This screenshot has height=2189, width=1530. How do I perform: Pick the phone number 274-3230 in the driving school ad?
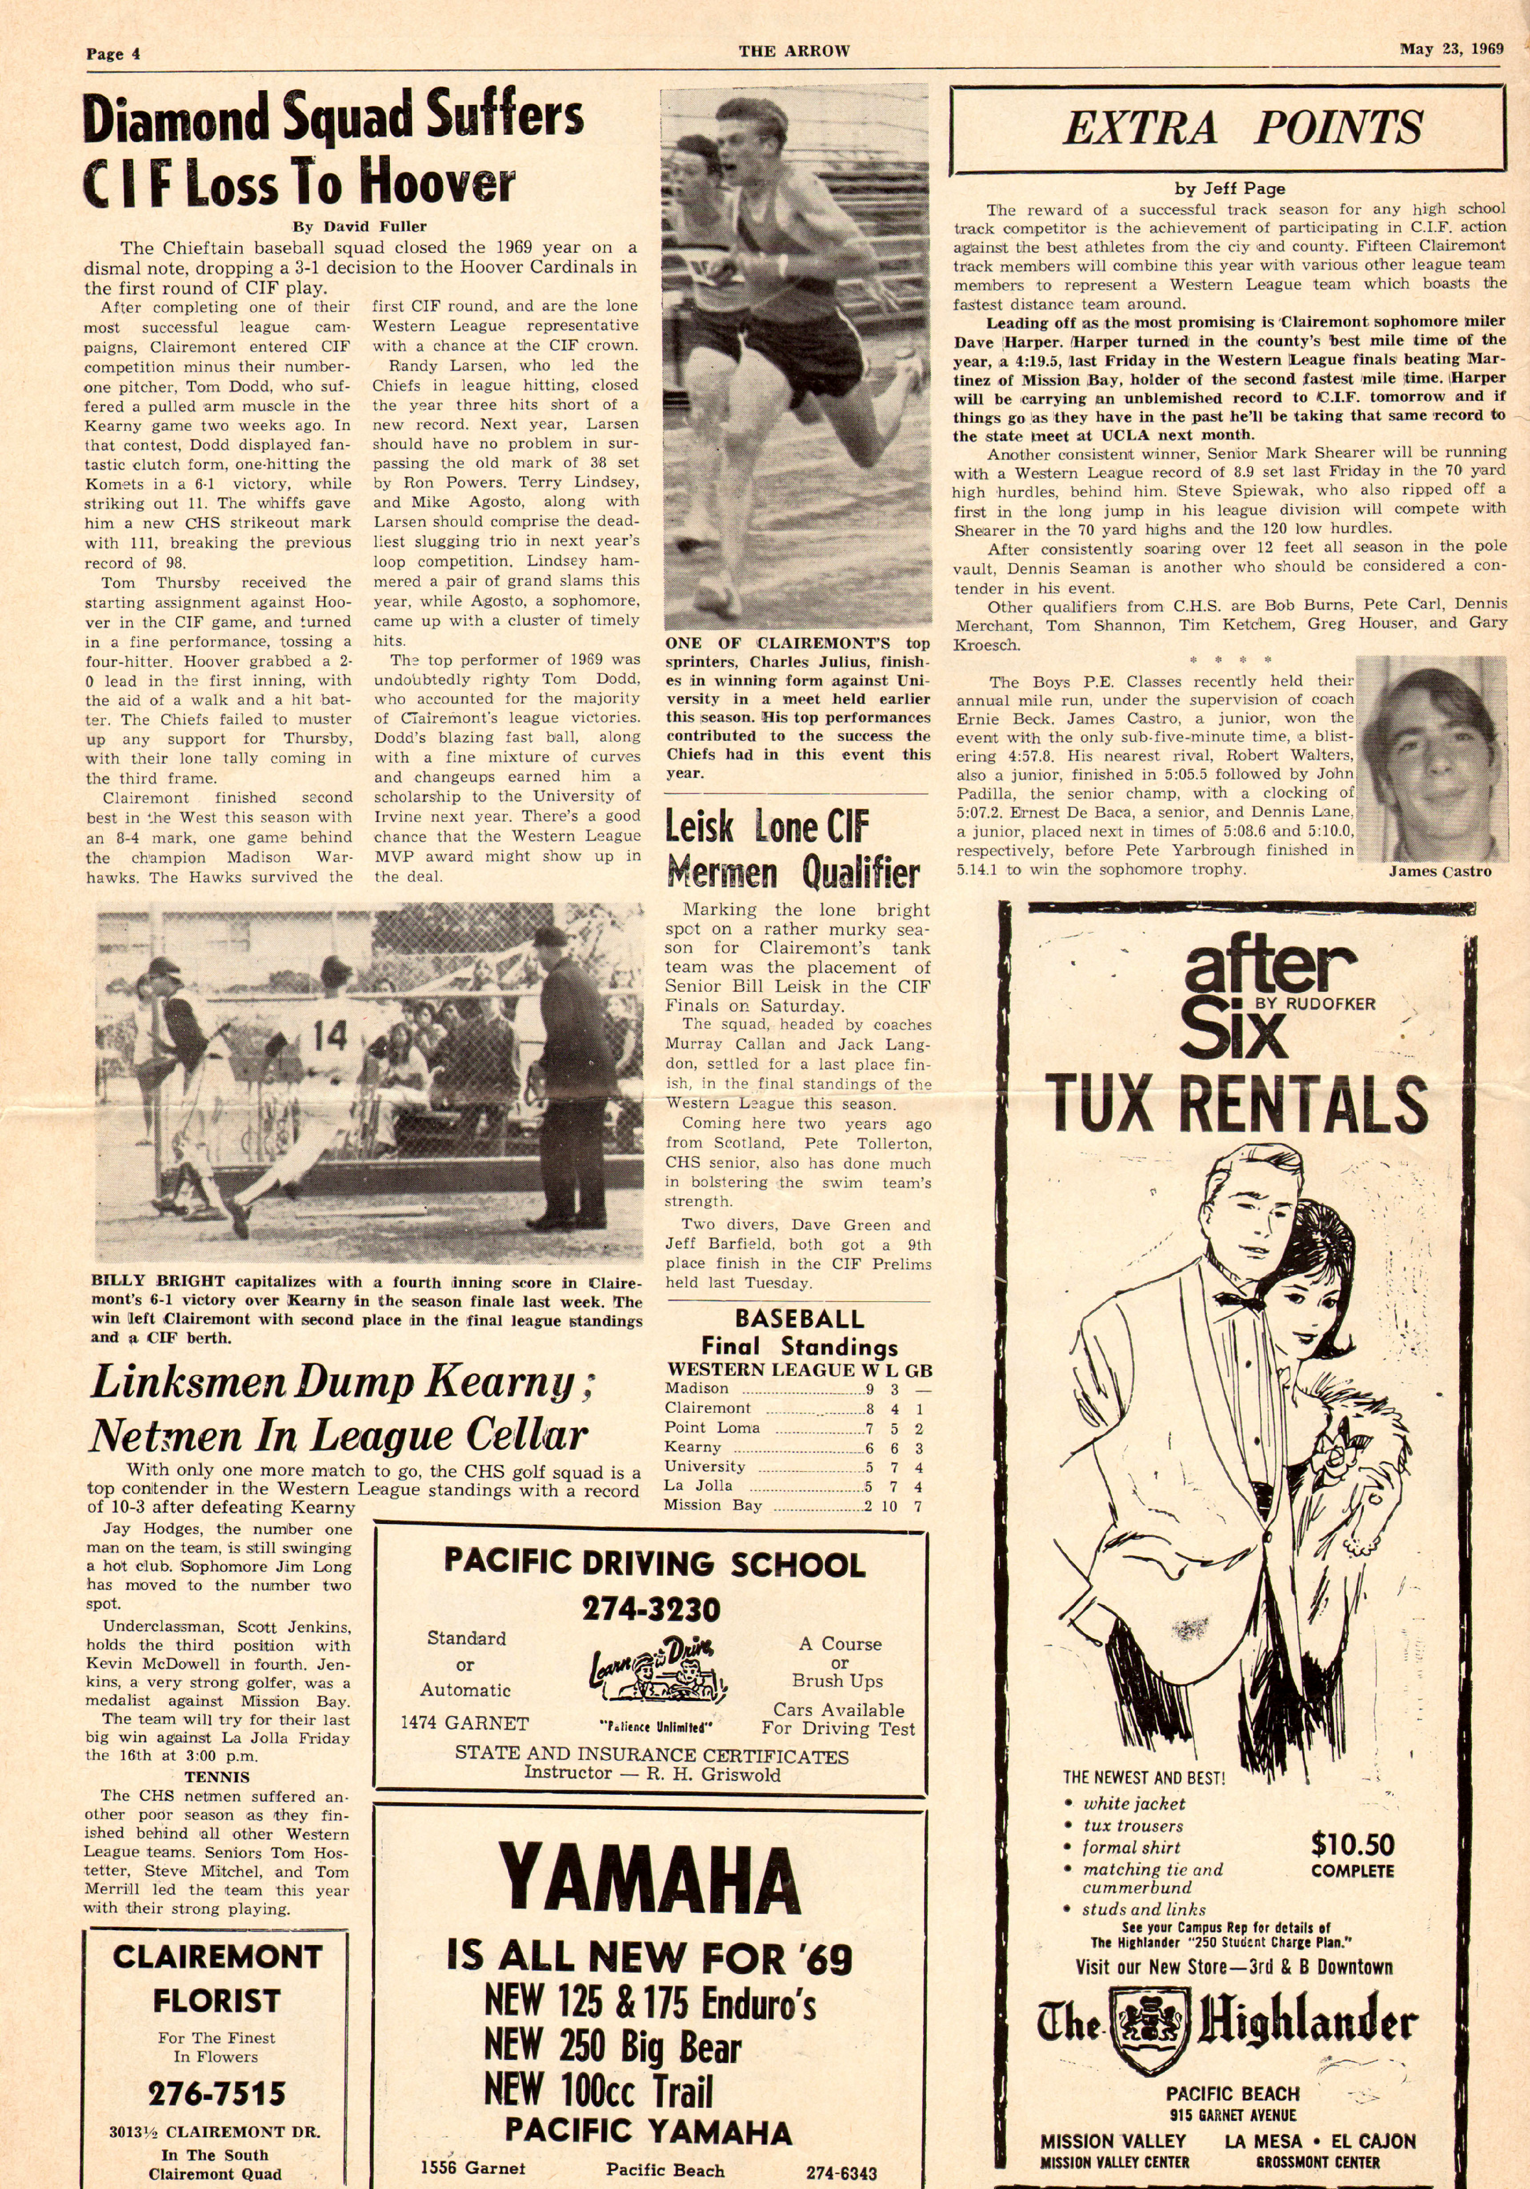[651, 1609]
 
